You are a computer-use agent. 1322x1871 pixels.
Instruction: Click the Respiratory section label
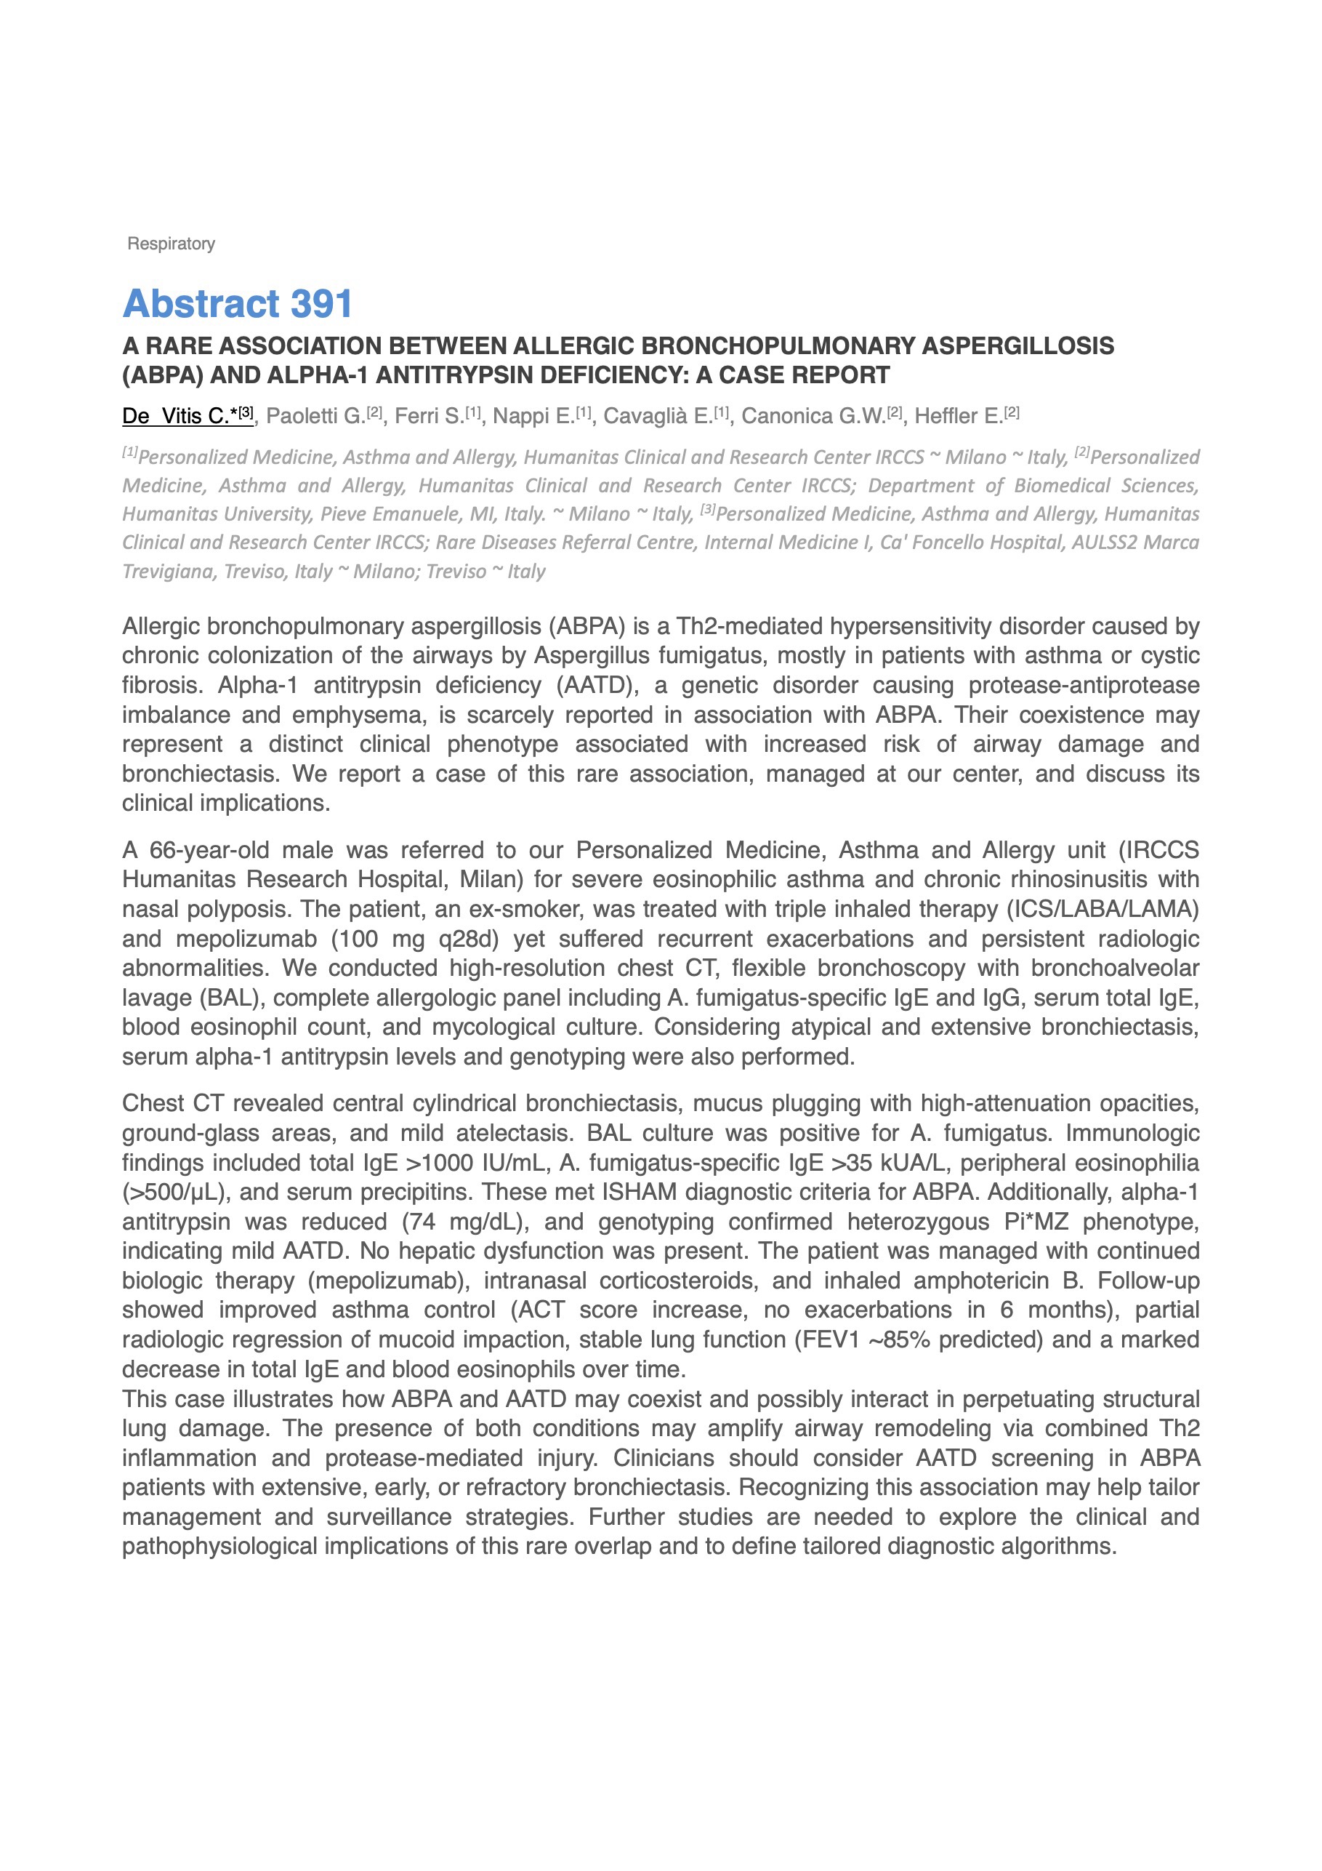coord(171,244)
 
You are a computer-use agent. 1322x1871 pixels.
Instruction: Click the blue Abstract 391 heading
coord(237,304)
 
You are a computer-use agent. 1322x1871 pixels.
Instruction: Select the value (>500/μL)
coord(169,1193)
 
